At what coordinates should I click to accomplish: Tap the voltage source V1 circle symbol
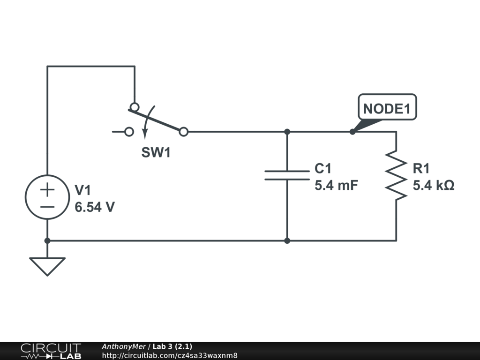coord(47,197)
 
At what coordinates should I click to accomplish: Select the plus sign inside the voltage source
coord(47,189)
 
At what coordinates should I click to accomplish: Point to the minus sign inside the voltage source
coord(47,207)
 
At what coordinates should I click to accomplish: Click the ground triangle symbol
coord(47,266)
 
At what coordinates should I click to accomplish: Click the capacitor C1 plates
coord(287,175)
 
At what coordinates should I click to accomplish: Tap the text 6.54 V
coord(95,207)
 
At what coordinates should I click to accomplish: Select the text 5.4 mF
coord(336,185)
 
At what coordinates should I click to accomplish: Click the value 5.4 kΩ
coord(433,185)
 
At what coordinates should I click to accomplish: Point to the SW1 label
coord(156,153)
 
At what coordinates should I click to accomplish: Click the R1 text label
coord(421,168)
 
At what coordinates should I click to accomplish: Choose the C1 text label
coord(323,168)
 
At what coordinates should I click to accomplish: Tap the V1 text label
coord(83,190)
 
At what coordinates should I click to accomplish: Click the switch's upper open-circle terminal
coord(135,107)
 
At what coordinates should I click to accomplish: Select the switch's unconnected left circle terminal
coord(129,132)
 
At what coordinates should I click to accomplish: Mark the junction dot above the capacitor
coord(287,132)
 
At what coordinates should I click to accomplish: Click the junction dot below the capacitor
coord(287,241)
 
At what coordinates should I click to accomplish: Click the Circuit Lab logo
coord(50,351)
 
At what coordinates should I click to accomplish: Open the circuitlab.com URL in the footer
coord(170,355)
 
